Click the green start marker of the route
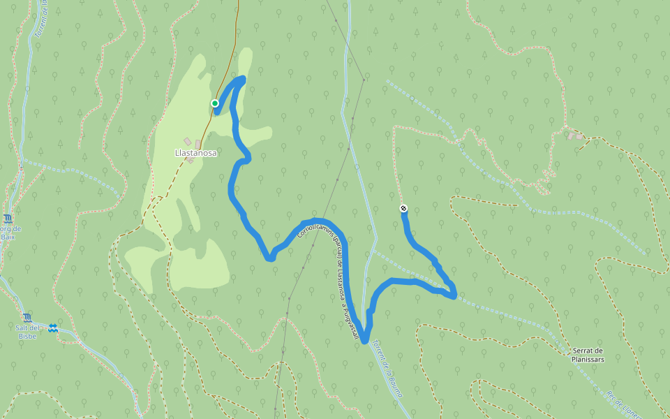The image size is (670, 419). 215,103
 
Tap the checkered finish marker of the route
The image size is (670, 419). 403,208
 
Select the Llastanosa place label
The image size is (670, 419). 195,152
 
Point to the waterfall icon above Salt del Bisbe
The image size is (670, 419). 27,318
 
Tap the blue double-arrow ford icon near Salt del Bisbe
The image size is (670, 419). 53,328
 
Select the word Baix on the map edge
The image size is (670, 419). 8,237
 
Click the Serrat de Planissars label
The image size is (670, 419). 588,355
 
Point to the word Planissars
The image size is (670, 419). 588,360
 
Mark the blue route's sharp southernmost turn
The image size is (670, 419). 364,340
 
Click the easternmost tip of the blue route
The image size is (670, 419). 455,296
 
